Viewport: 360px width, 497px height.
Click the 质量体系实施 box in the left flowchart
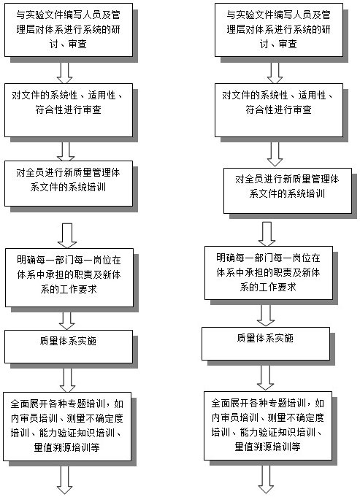[69, 347]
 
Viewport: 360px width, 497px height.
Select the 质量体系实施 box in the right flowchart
[266, 344]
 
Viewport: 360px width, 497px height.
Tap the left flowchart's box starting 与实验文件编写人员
[69, 30]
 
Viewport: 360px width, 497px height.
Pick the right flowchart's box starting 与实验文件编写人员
[279, 30]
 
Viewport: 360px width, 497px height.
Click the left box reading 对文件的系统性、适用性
[69, 110]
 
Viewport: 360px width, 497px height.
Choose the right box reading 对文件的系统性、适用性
[279, 110]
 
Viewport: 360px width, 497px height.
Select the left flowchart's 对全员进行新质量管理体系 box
[69, 183]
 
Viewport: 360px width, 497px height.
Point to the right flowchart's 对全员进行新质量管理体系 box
[288, 190]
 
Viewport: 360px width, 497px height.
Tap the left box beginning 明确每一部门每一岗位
[69, 277]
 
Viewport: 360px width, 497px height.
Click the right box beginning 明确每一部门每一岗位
[269, 273]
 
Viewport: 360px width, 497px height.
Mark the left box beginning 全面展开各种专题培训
[67, 427]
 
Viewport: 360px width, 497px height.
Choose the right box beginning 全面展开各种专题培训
[268, 425]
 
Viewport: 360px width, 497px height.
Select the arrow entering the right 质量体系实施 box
[266, 316]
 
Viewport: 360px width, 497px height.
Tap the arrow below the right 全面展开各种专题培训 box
[266, 479]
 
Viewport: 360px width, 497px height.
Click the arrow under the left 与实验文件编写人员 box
[65, 73]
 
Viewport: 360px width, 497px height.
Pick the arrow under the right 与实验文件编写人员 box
[275, 73]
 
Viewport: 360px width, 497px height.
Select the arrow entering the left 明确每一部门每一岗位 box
[67, 236]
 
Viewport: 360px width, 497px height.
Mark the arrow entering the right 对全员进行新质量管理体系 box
[275, 155]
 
